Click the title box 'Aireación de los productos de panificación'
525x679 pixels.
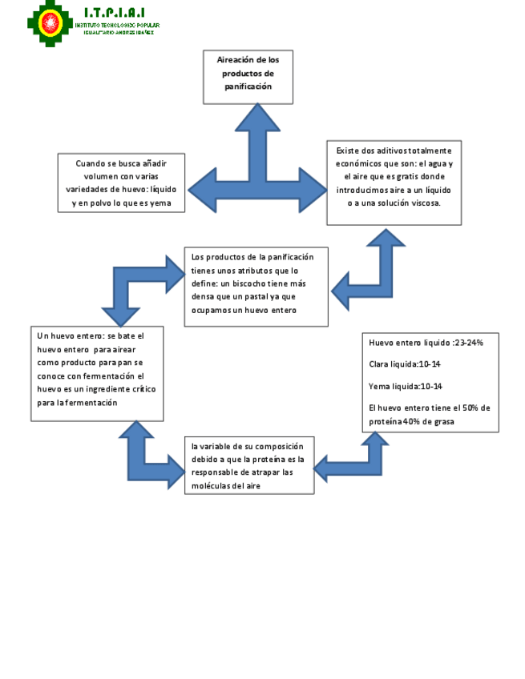point(248,77)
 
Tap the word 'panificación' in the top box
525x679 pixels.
point(248,86)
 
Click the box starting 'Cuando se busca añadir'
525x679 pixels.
point(122,183)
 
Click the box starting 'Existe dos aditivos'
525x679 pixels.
point(394,183)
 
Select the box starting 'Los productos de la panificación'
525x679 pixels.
point(256,286)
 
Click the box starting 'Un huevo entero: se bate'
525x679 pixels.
point(98,373)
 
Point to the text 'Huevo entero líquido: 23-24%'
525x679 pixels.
point(426,343)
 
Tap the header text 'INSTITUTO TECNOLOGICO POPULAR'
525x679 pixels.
point(117,25)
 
